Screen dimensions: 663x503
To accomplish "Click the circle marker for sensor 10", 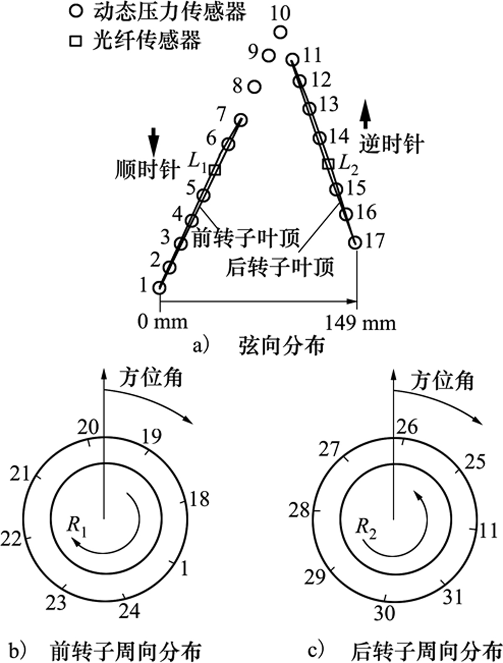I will pos(280,32).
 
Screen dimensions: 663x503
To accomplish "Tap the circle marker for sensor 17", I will pos(355,242).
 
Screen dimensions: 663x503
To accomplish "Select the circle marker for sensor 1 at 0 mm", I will pos(159,288).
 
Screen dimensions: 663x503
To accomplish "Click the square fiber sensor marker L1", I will pos(215,170).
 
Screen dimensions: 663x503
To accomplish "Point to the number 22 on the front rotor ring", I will pos(10,539).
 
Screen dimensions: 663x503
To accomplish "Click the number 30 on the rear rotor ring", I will pos(384,613).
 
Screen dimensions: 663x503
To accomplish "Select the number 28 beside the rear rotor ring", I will pos(299,511).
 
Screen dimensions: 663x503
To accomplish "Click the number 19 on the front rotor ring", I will pos(151,437).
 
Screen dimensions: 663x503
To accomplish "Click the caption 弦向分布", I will pos(282,346).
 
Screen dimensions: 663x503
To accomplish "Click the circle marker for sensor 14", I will pos(320,138).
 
